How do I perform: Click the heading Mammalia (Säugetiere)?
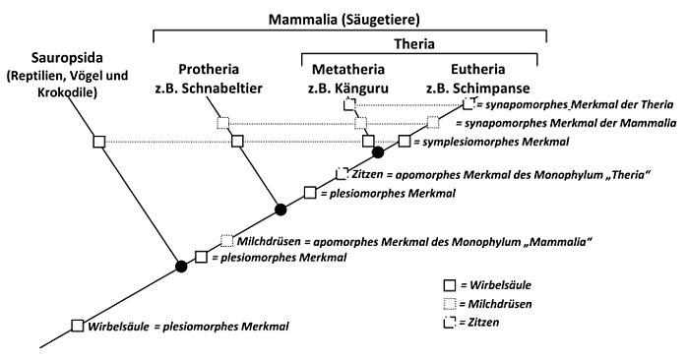pyautogui.click(x=344, y=20)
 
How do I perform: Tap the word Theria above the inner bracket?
pyautogui.click(x=414, y=44)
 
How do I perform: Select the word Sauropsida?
pyautogui.click(x=68, y=58)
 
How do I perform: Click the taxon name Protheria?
pyautogui.click(x=209, y=69)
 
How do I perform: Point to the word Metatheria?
pyautogui.click(x=348, y=69)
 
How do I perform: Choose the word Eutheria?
pyautogui.click(x=478, y=69)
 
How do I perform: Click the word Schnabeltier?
pyautogui.click(x=221, y=88)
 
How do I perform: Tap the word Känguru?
pyautogui.click(x=362, y=88)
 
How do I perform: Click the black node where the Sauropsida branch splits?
pyautogui.click(x=181, y=266)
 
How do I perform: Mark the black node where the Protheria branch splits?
pyautogui.click(x=281, y=210)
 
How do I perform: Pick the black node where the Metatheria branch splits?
pyautogui.click(x=378, y=152)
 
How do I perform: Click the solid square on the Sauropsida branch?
pyautogui.click(x=99, y=142)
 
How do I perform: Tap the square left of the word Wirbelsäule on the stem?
pyautogui.click(x=78, y=326)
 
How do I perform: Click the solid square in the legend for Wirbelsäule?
pyautogui.click(x=450, y=285)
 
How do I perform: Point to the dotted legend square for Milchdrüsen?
pyautogui.click(x=450, y=304)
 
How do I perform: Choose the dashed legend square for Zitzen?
pyautogui.click(x=450, y=323)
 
